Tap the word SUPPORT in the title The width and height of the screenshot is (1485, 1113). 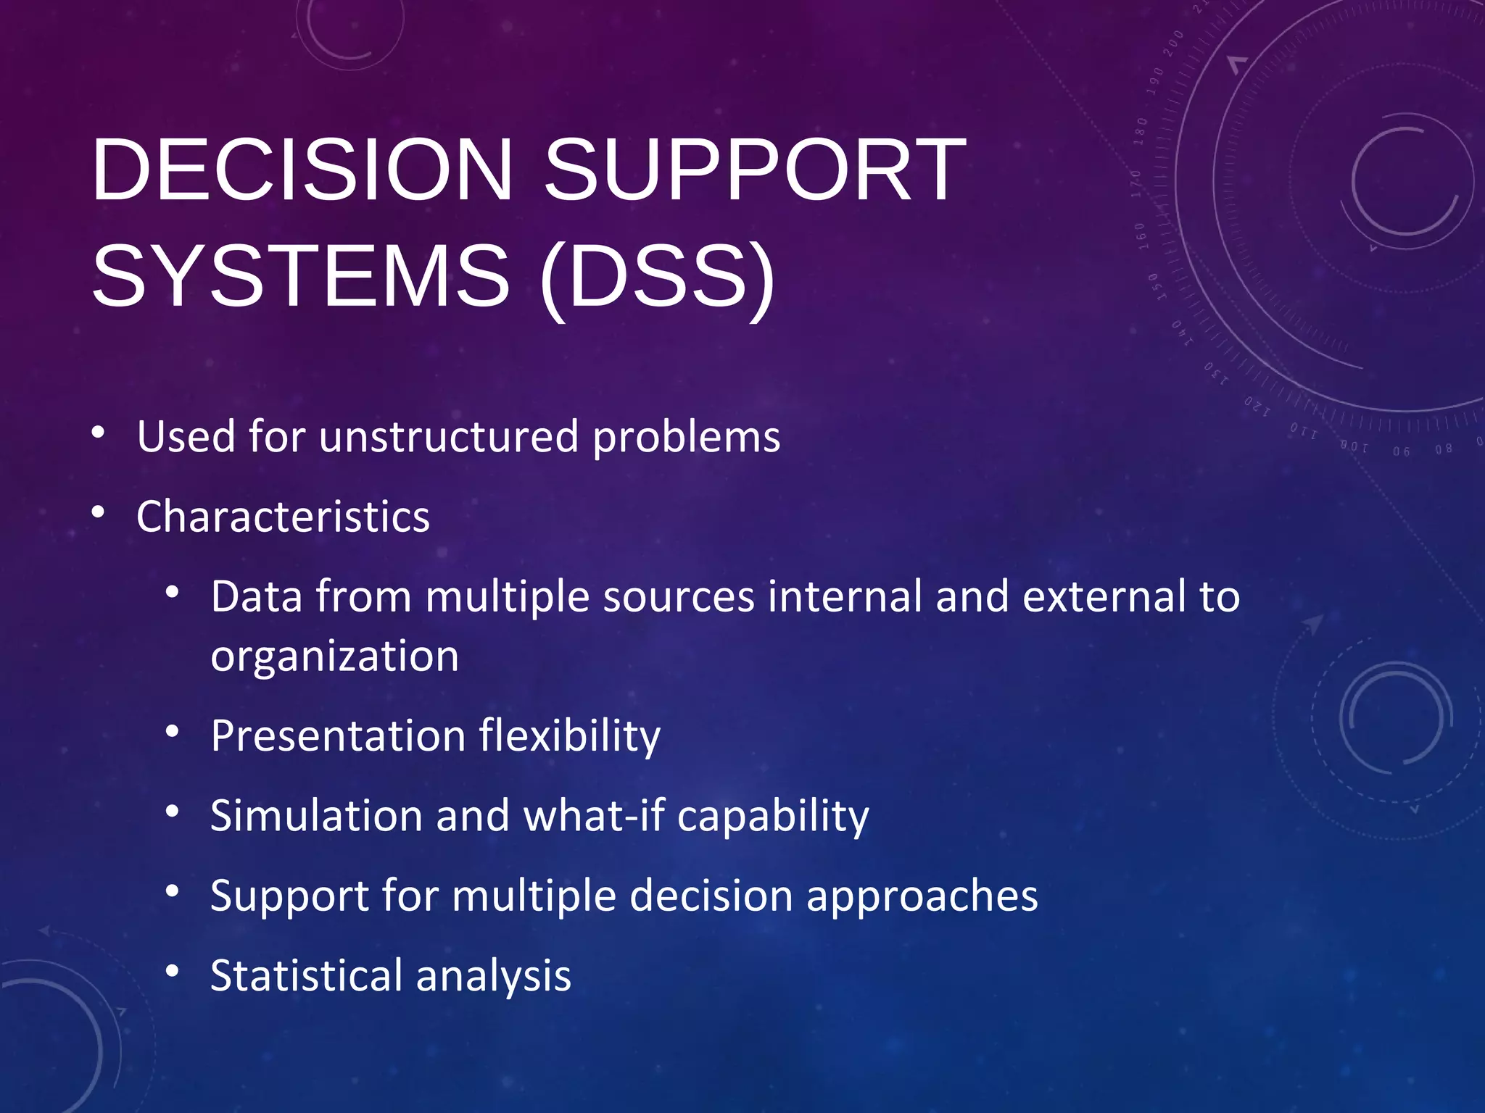tap(754, 170)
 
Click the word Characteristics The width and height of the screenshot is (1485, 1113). tap(283, 517)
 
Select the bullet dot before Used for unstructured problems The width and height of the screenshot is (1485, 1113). tap(99, 433)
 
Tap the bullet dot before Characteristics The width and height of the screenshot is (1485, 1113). tap(99, 513)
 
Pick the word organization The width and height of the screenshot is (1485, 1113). tap(334, 656)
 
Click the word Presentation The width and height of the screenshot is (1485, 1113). tap(338, 736)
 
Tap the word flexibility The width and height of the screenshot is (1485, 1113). tap(569, 736)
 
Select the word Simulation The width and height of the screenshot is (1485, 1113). tap(316, 816)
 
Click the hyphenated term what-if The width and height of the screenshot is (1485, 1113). tap(593, 816)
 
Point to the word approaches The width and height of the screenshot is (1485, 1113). tap(922, 896)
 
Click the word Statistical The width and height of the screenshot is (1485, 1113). tap(306, 975)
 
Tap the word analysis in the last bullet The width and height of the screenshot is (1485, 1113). tap(493, 977)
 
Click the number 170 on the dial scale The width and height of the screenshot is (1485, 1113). tap(1136, 184)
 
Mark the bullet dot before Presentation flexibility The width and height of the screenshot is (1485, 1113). tap(172, 731)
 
